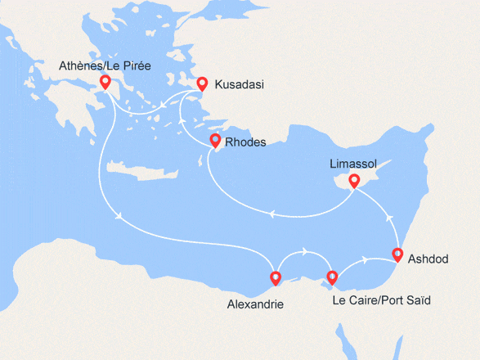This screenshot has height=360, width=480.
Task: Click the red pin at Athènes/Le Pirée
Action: pyautogui.click(x=105, y=82)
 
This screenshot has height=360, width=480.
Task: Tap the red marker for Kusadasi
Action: pyautogui.click(x=202, y=83)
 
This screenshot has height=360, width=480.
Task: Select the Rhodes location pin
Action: pyautogui.click(x=215, y=141)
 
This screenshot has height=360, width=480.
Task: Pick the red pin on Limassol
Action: pyautogui.click(x=354, y=181)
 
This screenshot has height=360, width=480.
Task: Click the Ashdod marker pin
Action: pyautogui.click(x=397, y=254)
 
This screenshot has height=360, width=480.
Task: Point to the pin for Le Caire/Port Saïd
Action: pyautogui.click(x=332, y=277)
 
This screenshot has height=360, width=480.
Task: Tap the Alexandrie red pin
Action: pyautogui.click(x=276, y=278)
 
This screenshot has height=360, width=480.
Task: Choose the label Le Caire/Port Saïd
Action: pyautogui.click(x=381, y=300)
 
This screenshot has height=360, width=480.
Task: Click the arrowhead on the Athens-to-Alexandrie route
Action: pyautogui.click(x=121, y=217)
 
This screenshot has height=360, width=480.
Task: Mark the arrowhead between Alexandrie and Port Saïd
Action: pyautogui.click(x=304, y=251)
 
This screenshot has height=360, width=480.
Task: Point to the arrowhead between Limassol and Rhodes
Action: pyautogui.click(x=270, y=214)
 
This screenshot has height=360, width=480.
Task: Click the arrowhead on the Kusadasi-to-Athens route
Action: pyautogui.click(x=163, y=104)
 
